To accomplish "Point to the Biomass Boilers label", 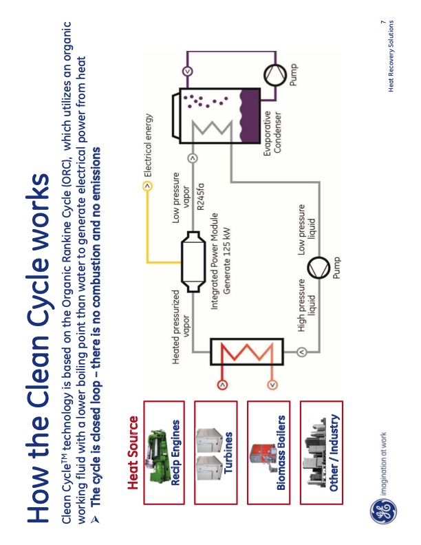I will point(280,456).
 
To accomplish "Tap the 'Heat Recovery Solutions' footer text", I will point(391,55).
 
